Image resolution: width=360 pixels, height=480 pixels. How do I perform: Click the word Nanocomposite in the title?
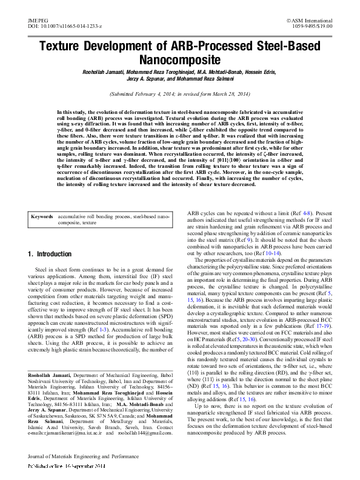pyautogui.click(x=179, y=61)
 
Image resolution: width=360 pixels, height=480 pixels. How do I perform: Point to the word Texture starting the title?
pyautogui.click(x=64, y=47)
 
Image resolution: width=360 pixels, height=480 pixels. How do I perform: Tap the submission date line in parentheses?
pyautogui.click(x=179, y=95)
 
